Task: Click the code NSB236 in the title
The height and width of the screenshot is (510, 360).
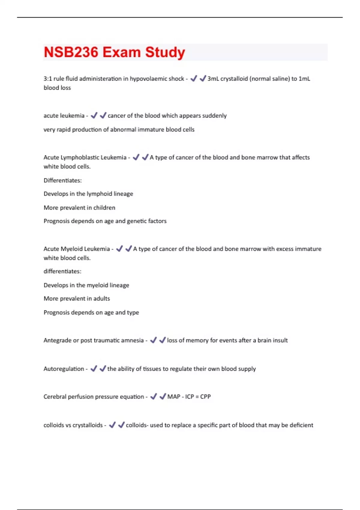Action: tap(71, 52)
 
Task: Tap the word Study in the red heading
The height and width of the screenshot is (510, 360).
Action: tap(165, 52)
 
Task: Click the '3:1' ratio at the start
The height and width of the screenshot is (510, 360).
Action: tap(48, 79)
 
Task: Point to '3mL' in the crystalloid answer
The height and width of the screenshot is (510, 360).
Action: tap(213, 79)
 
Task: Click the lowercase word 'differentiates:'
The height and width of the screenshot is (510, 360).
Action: tap(62, 271)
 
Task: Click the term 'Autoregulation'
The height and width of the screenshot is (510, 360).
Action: tap(64, 369)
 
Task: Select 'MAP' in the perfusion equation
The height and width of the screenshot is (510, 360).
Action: tap(174, 397)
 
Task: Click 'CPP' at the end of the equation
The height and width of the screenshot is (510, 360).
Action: tap(205, 397)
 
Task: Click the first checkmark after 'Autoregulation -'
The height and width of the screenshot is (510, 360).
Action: tap(94, 368)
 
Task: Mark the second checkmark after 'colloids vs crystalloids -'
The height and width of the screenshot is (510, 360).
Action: tap(121, 425)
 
